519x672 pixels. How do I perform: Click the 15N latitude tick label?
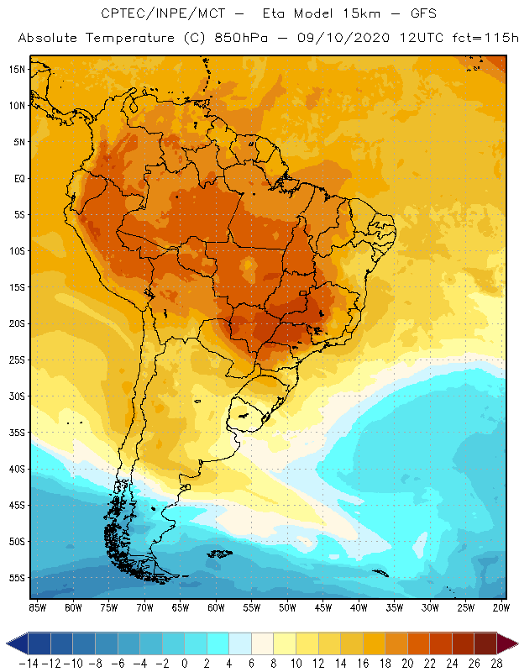(16, 69)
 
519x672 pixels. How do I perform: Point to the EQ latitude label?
(17, 178)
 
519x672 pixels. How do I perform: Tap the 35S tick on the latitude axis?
(16, 433)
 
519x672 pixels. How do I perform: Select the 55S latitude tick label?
(16, 578)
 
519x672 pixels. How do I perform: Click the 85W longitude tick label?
(37, 607)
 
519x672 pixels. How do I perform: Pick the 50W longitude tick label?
(288, 607)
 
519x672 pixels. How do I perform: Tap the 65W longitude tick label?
(181, 607)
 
